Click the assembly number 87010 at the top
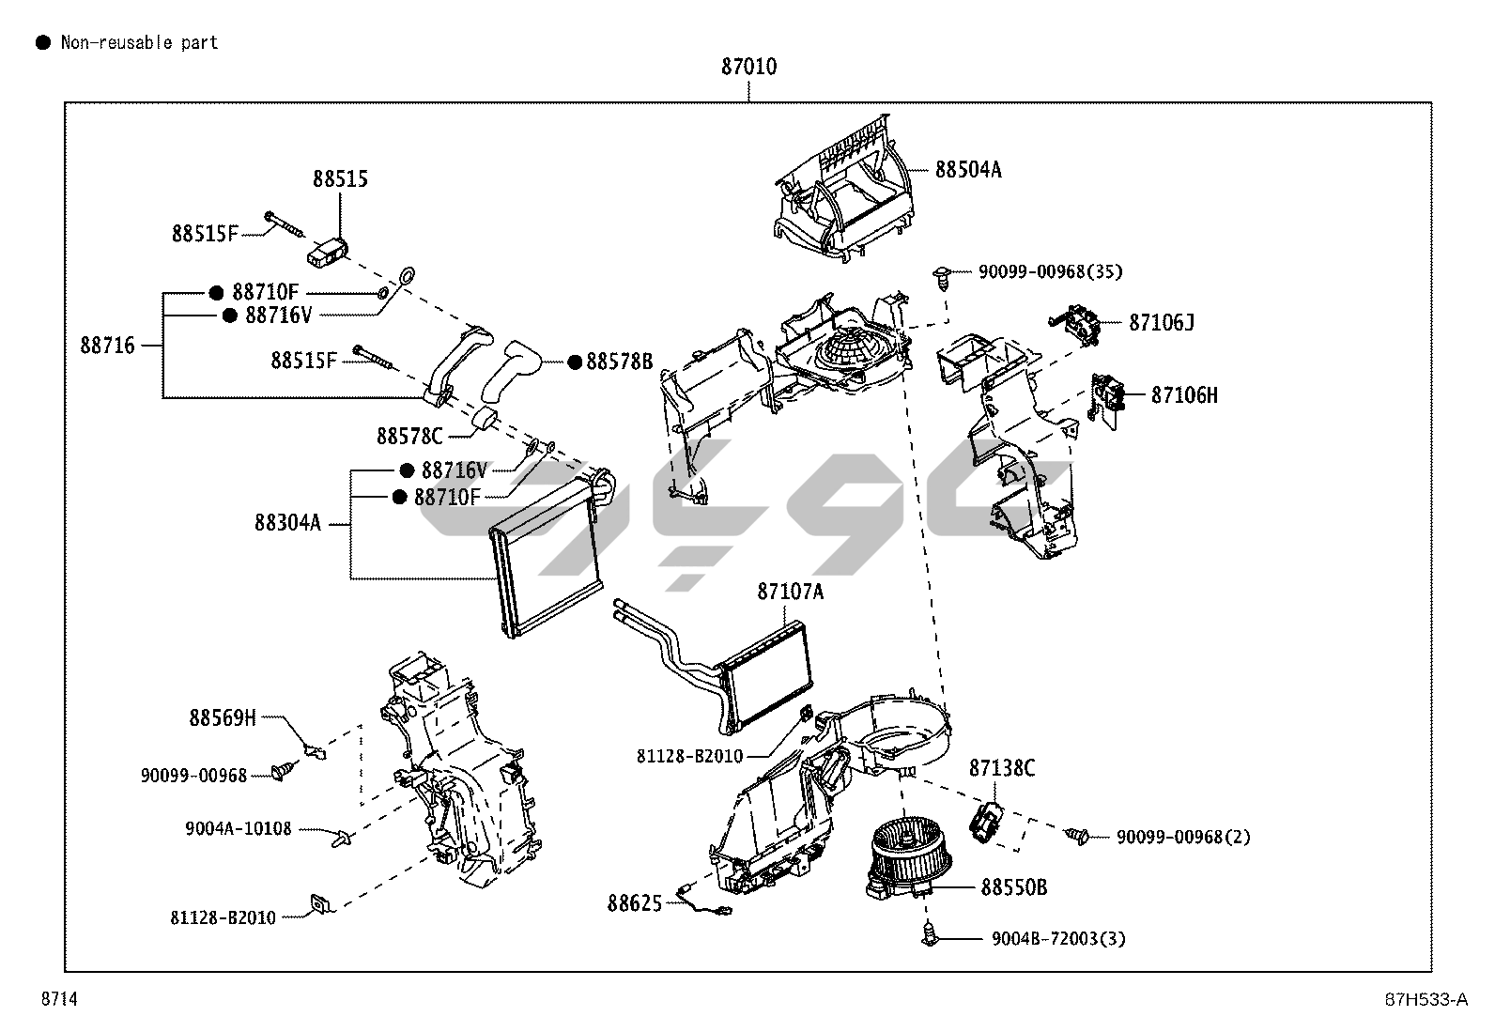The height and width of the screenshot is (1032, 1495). coord(748,68)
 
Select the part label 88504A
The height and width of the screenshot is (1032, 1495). coord(967,170)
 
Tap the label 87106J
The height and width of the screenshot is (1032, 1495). coord(1161,323)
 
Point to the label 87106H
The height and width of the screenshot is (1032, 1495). coord(1184,395)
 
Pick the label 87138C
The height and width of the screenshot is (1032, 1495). coord(1001,769)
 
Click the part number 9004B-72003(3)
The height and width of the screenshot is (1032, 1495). coord(1058,938)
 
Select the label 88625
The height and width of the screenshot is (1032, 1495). coord(634,903)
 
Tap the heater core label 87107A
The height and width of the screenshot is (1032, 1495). coord(790,592)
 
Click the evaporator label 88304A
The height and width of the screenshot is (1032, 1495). coord(287,523)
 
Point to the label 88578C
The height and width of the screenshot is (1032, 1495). coord(408,437)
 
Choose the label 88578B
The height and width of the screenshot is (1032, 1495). coord(619,362)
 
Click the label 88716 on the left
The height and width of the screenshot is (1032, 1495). coord(107,346)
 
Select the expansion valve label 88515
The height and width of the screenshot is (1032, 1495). coord(340,179)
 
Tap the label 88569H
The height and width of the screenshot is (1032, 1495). coord(223,718)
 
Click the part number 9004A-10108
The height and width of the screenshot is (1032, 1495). coord(239,829)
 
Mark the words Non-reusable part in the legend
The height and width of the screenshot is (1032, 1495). coord(139,42)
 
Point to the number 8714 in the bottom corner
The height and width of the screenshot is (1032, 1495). coord(58,1000)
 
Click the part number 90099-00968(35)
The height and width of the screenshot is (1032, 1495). coord(1050,272)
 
